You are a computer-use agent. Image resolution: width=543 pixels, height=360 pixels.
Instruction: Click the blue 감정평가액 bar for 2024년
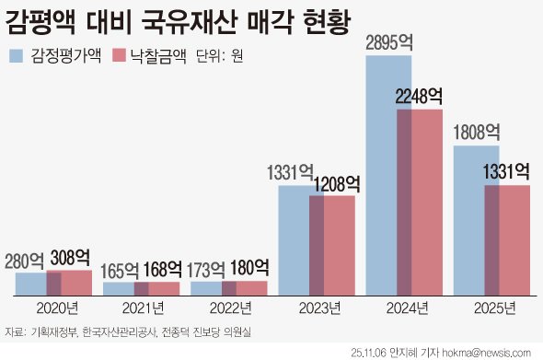[x=381, y=175]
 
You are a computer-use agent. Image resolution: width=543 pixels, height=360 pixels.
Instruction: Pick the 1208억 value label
[x=335, y=184]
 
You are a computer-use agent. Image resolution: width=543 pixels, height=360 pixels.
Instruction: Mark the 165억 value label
[x=120, y=272]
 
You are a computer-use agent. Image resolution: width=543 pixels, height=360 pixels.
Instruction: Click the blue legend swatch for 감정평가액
[x=17, y=56]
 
